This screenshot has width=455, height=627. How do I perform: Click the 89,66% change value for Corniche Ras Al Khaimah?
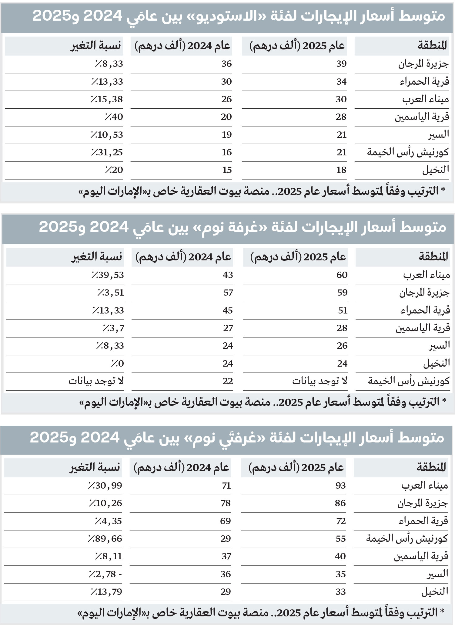pyautogui.click(x=105, y=539)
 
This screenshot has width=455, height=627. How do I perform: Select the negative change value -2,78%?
pyautogui.click(x=105, y=574)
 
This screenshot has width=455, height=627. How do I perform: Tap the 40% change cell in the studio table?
pyautogui.click(x=114, y=117)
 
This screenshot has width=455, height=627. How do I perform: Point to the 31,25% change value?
pyautogui.click(x=107, y=152)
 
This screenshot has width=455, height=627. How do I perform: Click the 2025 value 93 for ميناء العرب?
pyautogui.click(x=340, y=486)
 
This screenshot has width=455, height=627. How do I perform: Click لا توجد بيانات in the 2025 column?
pyautogui.click(x=320, y=381)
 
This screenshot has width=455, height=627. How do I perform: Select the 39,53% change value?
pyautogui.click(x=108, y=275)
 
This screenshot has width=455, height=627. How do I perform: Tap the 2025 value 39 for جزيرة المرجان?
pyautogui.click(x=341, y=64)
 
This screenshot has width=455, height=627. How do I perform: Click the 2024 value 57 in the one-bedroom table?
pyautogui.click(x=228, y=293)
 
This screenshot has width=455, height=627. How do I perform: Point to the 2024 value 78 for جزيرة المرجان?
pyautogui.click(x=226, y=503)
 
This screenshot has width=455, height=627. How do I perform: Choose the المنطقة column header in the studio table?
pyautogui.click(x=432, y=46)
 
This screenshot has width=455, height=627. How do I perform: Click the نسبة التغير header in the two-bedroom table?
pyautogui.click(x=95, y=468)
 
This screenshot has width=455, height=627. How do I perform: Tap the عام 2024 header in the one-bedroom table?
pyautogui.click(x=183, y=257)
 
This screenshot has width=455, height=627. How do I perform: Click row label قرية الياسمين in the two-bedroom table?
pyautogui.click(x=421, y=556)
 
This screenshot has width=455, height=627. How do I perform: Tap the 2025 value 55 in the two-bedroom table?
pyautogui.click(x=340, y=539)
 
